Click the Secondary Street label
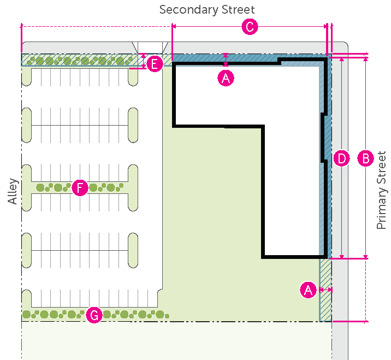207,10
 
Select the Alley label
13,192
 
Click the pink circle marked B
365,158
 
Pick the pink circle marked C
249,27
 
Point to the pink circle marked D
341,158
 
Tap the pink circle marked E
155,64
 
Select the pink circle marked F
80,188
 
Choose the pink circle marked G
94,315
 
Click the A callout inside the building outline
226,78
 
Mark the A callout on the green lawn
309,290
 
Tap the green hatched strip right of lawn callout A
326,290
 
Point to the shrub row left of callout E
76,60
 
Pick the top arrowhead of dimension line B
365,59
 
